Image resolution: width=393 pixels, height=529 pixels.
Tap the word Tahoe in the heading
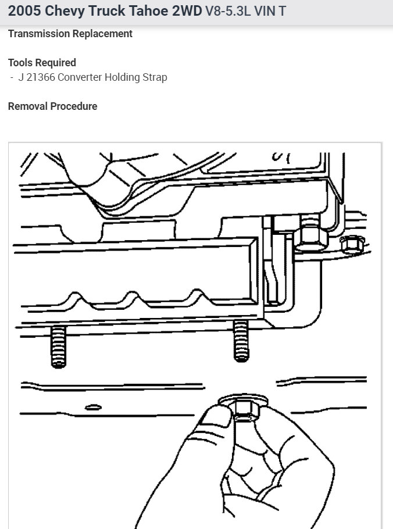[x=148, y=11]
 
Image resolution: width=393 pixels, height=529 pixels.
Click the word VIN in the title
[x=265, y=11]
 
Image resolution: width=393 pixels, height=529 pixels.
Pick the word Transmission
[x=38, y=34]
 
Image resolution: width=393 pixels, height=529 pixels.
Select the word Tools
[x=22, y=62]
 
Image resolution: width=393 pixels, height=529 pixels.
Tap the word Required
[x=57, y=62]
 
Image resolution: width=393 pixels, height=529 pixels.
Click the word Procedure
[x=74, y=106]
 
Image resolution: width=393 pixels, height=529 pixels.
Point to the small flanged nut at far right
[x=351, y=245]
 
